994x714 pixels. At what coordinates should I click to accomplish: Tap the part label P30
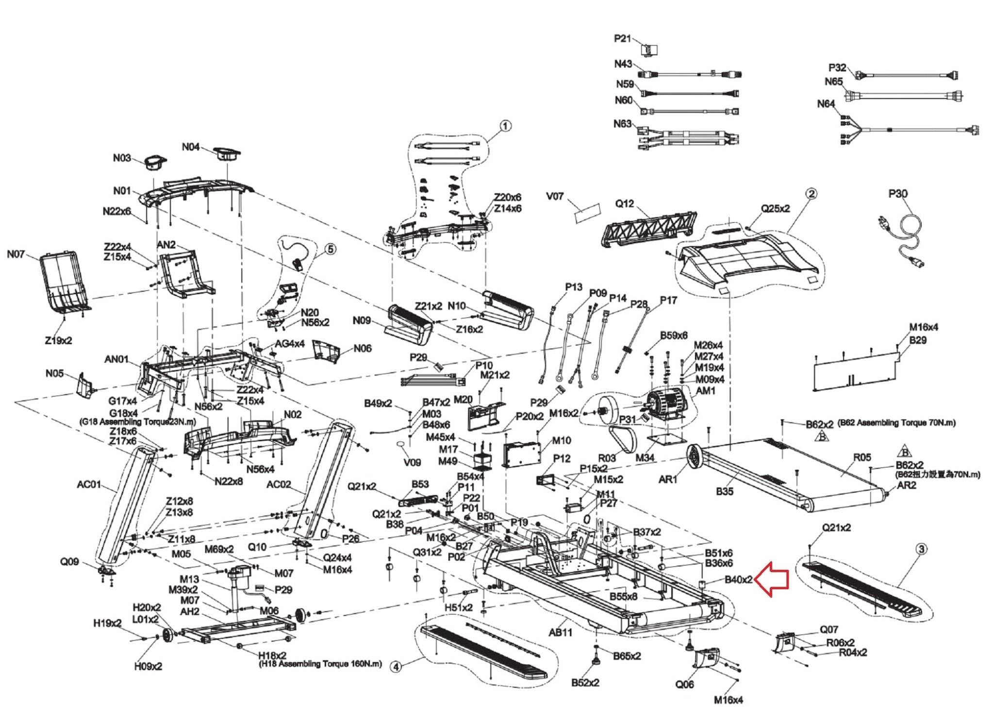click(897, 194)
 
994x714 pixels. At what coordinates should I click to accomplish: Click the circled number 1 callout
click(505, 126)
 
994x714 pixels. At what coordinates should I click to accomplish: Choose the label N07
click(16, 254)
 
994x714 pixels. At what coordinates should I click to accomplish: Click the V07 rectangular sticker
click(587, 213)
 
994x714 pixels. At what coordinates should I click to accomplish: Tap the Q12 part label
click(625, 203)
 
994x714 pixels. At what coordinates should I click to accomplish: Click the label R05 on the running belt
click(862, 457)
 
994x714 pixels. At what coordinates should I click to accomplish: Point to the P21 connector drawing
click(649, 50)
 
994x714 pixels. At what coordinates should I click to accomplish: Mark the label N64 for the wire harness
click(826, 104)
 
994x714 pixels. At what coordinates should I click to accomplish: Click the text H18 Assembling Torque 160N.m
click(320, 664)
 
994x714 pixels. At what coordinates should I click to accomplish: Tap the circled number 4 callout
click(397, 667)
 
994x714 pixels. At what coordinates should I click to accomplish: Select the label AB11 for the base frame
click(561, 632)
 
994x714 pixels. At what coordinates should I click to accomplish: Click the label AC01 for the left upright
click(89, 484)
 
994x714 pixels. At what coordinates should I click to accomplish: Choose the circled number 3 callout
click(921, 549)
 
